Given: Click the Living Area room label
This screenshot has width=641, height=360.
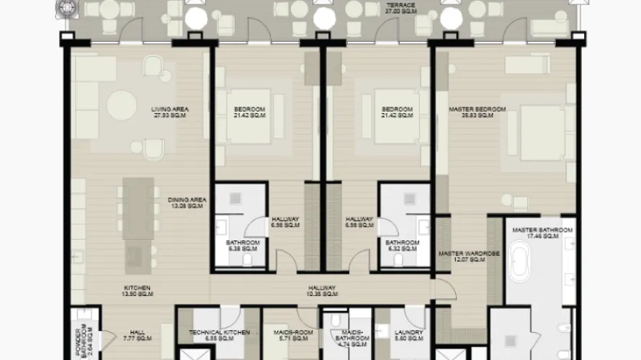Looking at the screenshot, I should pyautogui.click(x=170, y=112).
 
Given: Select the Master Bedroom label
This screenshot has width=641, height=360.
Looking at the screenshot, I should pyautogui.click(x=477, y=112).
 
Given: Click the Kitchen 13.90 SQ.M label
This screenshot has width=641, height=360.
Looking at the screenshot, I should pyautogui.click(x=136, y=292).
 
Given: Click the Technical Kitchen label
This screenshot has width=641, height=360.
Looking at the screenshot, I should pyautogui.click(x=219, y=336).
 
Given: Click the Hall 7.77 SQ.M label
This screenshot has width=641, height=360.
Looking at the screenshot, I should pyautogui.click(x=138, y=336).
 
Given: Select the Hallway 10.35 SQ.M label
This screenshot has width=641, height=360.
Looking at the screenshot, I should pyautogui.click(x=323, y=292).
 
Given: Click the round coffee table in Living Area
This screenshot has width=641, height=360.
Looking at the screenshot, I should pyautogui.click(x=122, y=105).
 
